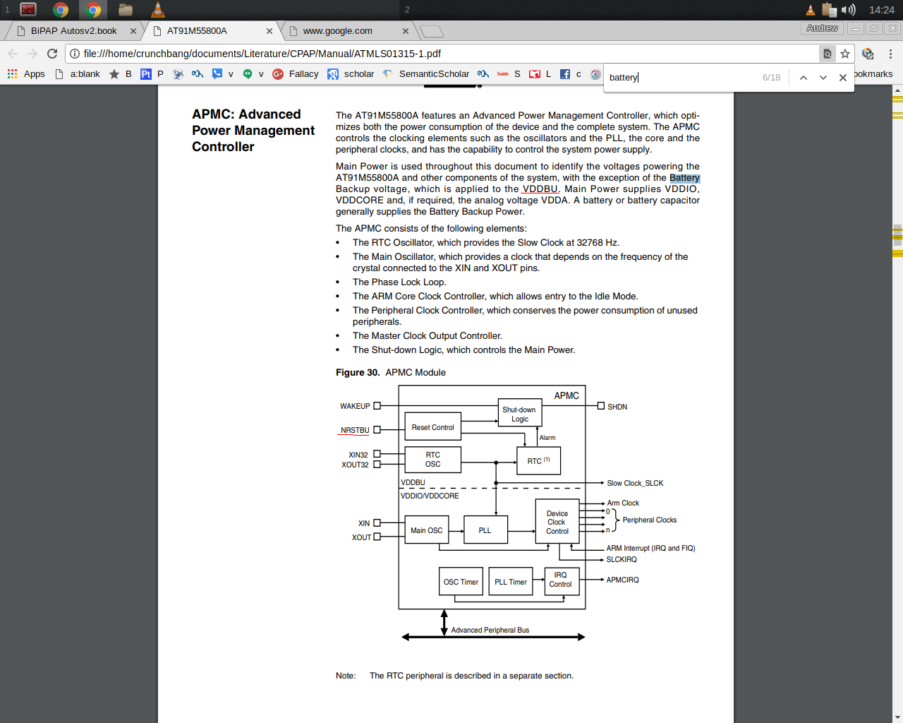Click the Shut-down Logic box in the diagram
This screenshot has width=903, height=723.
519,414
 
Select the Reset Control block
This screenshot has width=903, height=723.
432,427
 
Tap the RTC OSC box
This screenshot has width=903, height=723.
432,460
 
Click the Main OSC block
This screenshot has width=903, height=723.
426,530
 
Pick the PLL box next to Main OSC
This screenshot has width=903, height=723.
485,530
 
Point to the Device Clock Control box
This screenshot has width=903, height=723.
557,522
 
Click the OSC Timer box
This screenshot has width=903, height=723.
461,582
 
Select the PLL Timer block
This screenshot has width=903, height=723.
510,582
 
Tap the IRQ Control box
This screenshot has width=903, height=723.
561,580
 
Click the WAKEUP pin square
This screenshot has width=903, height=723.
377,406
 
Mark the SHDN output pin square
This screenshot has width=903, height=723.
601,406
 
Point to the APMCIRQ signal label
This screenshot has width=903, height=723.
622,580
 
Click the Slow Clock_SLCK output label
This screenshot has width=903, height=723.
635,483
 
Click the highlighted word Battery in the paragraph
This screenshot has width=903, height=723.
684,178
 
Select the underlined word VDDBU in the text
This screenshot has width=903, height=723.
540,189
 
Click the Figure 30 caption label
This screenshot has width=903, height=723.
358,373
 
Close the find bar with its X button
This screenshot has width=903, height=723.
842,78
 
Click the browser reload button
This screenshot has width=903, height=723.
52,54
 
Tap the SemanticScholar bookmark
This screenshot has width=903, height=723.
433,74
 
